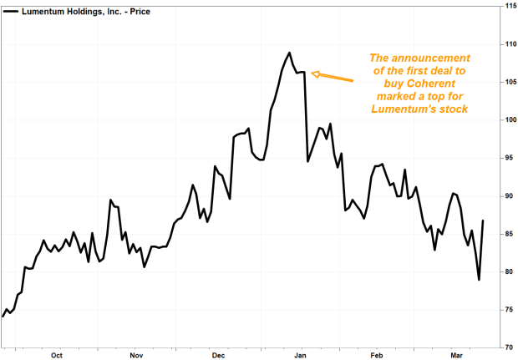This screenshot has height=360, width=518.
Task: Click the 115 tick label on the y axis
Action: click(506, 7)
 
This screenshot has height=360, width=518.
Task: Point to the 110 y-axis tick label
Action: click(506, 44)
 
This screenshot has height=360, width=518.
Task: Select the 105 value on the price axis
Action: click(506, 82)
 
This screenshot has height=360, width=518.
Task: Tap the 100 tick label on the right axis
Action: click(506, 120)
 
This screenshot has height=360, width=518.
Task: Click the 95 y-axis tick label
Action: click(506, 158)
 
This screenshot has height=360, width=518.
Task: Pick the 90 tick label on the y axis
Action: click(506, 196)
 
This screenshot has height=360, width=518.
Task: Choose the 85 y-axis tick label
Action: click(506, 234)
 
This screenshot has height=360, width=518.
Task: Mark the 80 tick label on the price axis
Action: click(506, 272)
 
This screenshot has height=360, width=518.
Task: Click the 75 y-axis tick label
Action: click(506, 310)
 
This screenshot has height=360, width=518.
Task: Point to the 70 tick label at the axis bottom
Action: click(506, 347)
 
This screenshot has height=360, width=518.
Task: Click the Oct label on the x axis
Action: click(57, 354)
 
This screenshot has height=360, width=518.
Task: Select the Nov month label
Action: click(136, 354)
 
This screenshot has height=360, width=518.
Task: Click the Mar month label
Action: click(456, 354)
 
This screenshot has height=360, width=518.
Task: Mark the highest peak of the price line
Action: click(289, 53)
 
